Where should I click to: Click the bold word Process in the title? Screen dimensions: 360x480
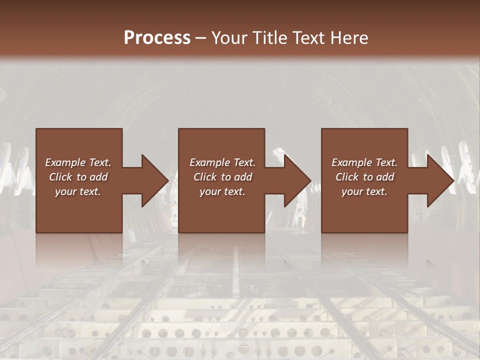tap(157, 38)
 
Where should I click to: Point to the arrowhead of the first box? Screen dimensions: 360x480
tap(154, 180)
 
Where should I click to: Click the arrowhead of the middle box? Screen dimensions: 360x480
tap(297, 180)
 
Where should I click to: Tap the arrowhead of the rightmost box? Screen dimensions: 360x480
tap(440, 180)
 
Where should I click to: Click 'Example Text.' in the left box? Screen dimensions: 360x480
tap(78, 162)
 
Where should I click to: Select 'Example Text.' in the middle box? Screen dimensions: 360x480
tap(222, 162)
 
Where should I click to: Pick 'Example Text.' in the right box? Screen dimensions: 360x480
tap(364, 162)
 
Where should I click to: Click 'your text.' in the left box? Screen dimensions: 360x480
tap(78, 191)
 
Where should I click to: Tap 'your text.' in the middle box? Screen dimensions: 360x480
tap(222, 191)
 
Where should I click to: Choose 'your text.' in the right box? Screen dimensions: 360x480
tap(364, 191)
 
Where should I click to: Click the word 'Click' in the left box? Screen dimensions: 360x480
tap(60, 177)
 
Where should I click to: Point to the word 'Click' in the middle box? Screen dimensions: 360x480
tap(205, 177)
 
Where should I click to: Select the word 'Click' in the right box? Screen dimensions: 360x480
tap(347, 177)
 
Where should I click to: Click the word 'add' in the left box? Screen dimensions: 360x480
tap(98, 177)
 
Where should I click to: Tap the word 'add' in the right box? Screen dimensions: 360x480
tap(385, 177)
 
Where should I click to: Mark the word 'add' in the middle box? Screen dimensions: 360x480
tap(243, 177)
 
